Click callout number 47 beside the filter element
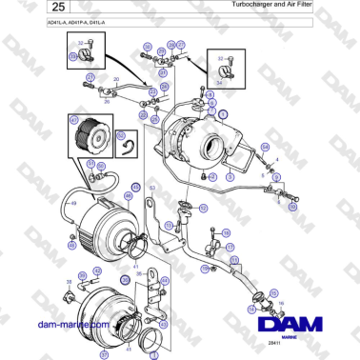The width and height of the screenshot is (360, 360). [73, 121]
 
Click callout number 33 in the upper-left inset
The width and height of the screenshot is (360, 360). [72, 57]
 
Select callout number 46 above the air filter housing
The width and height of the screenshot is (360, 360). [128, 194]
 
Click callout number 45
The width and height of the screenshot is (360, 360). [136, 186]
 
